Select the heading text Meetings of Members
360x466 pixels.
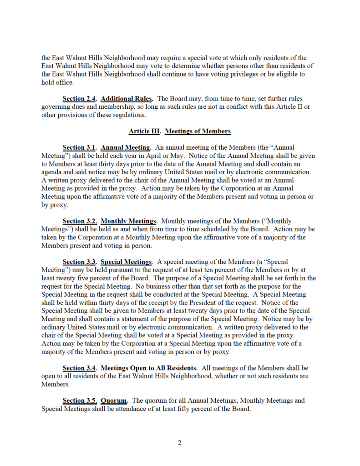198,132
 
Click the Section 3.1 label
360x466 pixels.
80,147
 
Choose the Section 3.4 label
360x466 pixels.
80,368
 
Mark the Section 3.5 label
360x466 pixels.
80,400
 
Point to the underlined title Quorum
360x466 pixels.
114,400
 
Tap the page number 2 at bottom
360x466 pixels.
180,443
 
